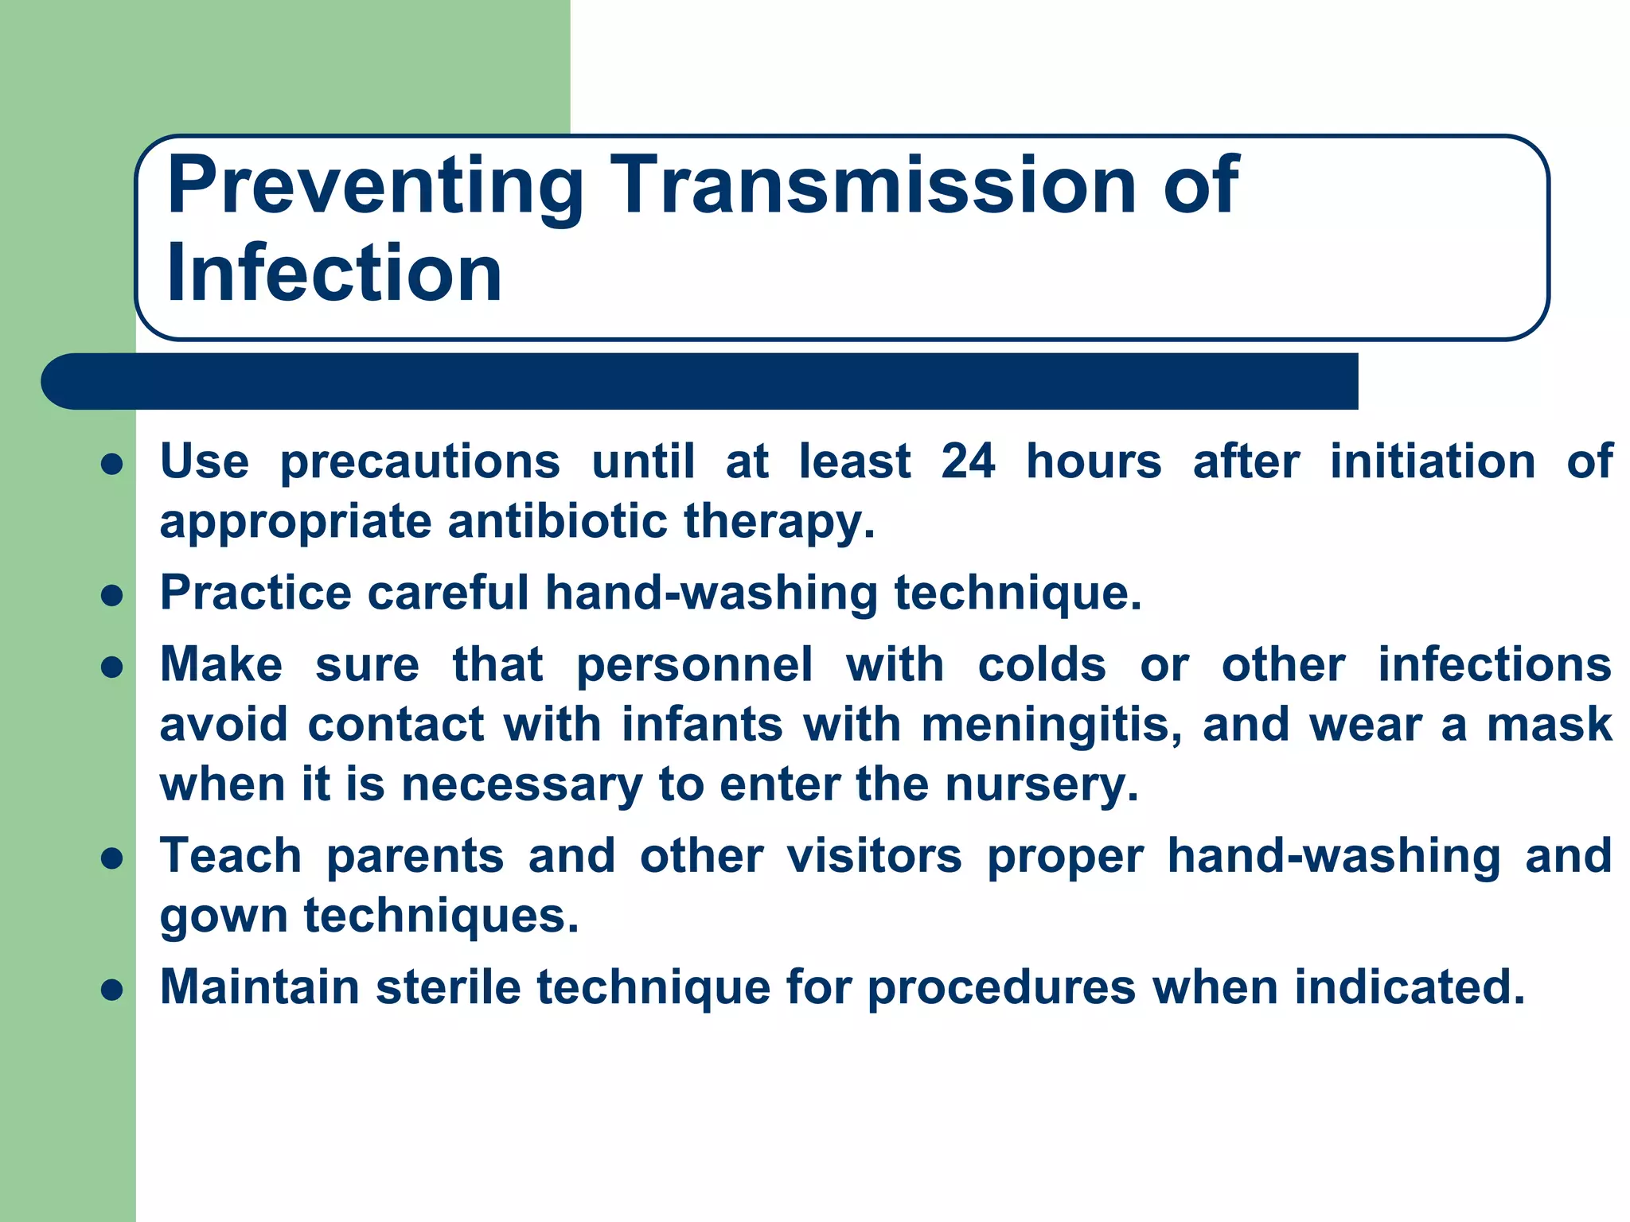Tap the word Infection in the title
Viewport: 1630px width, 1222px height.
point(334,273)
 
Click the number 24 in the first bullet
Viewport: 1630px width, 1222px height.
point(968,461)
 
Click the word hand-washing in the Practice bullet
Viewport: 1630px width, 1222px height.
point(711,593)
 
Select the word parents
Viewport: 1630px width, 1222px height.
point(415,857)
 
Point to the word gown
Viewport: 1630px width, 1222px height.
point(224,917)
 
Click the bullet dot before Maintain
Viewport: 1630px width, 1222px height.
point(112,990)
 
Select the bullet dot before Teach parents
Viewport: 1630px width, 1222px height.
point(112,858)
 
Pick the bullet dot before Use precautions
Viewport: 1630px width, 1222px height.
point(112,464)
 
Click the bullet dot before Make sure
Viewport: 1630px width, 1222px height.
point(112,667)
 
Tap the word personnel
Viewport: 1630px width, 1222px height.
point(694,665)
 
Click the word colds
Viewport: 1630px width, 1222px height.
point(1041,665)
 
